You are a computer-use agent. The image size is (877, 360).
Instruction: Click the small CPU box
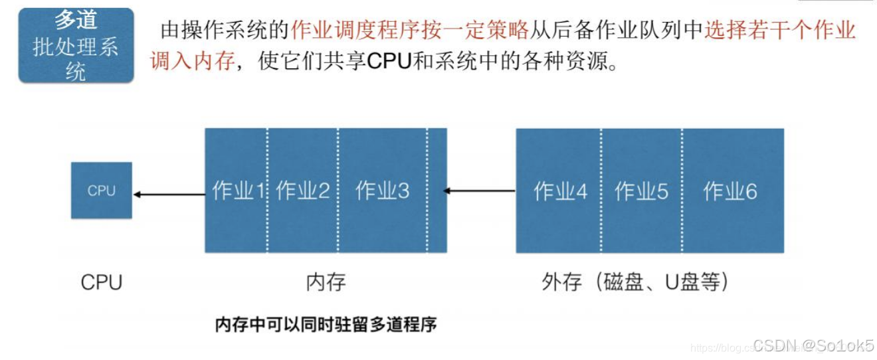tap(101, 191)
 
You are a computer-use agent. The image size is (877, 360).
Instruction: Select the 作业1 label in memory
tap(236, 191)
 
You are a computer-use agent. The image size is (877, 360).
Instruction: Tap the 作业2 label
tap(303, 191)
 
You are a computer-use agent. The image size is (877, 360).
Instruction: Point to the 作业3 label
tap(383, 191)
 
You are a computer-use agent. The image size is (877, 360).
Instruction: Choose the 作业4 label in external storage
tap(561, 192)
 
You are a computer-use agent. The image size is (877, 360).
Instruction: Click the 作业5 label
tap(641, 192)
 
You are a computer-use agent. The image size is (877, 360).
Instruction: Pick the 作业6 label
tap(730, 192)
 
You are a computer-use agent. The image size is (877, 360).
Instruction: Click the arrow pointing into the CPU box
tap(169, 195)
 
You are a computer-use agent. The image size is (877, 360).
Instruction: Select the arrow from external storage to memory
tap(480, 191)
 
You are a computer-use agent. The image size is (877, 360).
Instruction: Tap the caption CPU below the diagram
tap(102, 282)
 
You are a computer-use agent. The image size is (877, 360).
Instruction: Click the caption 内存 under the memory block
tap(326, 282)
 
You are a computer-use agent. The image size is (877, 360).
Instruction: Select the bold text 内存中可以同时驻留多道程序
tap(326, 325)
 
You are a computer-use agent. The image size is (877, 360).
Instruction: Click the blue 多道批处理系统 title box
tap(76, 45)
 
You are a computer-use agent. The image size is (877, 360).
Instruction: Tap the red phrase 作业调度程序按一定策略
tap(410, 30)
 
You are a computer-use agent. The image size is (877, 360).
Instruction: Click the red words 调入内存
tap(193, 62)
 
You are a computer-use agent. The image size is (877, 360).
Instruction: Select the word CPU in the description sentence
tap(389, 62)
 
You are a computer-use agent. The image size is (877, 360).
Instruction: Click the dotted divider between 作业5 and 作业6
tap(682, 191)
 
